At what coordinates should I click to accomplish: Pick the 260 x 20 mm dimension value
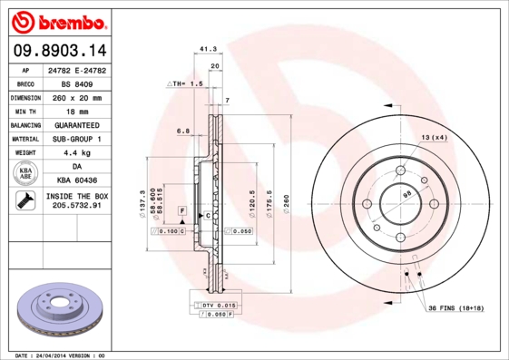pyautogui.click(x=76, y=97)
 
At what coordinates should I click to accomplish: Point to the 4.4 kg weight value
pyautogui.click(x=76, y=153)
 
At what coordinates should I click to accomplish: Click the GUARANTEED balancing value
pyautogui.click(x=76, y=125)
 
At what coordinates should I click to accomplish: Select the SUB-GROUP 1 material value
pyautogui.click(x=76, y=139)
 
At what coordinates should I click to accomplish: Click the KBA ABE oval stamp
pyautogui.click(x=24, y=175)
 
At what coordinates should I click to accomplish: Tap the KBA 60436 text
pyautogui.click(x=76, y=181)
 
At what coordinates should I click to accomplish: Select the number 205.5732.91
pyautogui.click(x=76, y=207)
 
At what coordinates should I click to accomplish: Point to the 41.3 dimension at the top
pyautogui.click(x=206, y=49)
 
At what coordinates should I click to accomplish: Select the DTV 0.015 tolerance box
pyautogui.click(x=218, y=304)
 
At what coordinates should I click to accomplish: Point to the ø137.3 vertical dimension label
pyautogui.click(x=142, y=200)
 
